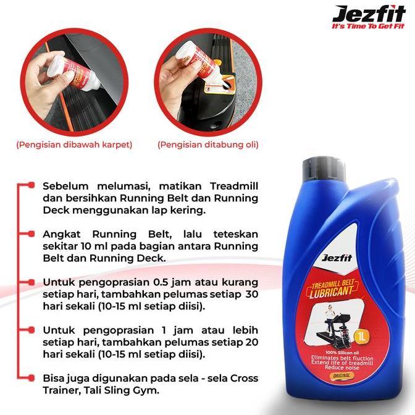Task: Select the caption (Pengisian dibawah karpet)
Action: coord(74,145)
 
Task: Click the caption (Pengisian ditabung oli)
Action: coord(208,145)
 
